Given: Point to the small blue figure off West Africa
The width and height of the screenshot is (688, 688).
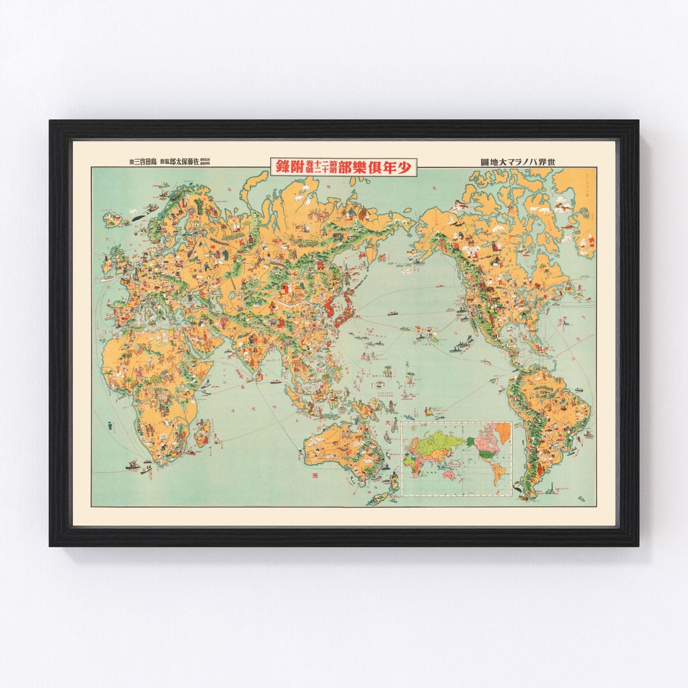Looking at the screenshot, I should point(110,425).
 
